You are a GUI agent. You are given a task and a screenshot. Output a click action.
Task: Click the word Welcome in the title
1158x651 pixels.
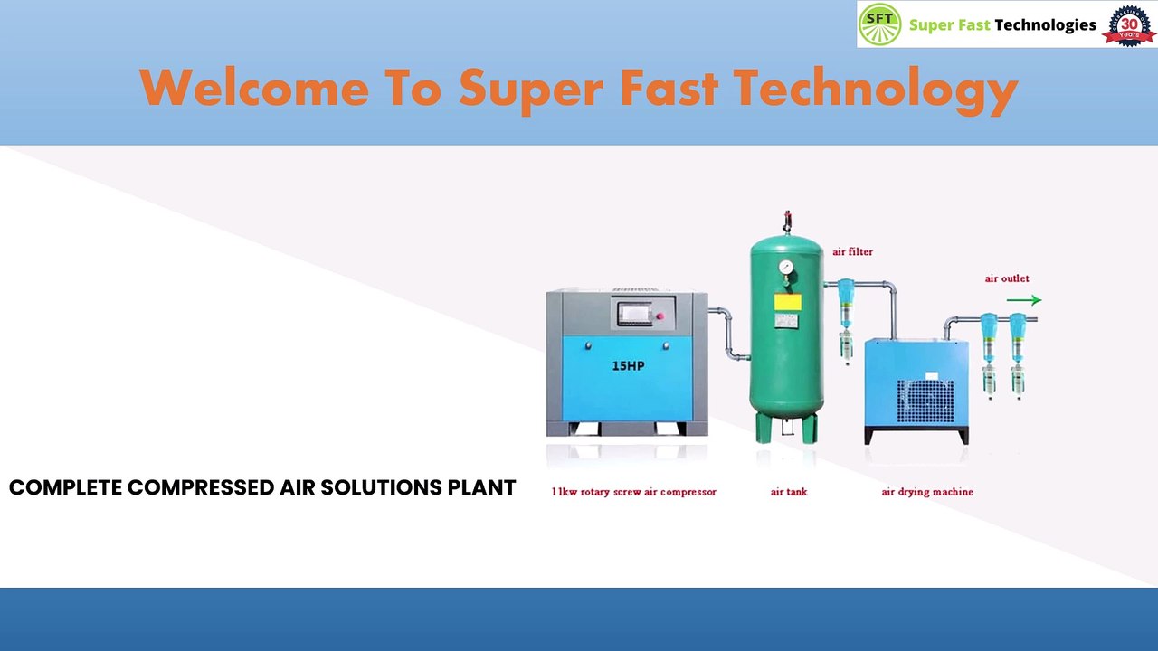[254, 89]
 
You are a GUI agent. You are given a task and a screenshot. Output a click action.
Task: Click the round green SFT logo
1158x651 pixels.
[879, 24]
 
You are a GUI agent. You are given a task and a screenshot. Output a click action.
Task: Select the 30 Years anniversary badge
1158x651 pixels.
[1129, 24]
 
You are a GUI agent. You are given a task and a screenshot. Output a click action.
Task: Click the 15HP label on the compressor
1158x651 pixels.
[628, 366]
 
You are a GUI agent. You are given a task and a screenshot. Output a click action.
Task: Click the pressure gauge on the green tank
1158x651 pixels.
[785, 268]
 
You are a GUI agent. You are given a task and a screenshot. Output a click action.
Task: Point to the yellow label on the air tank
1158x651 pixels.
[787, 302]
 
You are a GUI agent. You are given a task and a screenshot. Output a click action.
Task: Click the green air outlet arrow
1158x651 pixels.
[1023, 300]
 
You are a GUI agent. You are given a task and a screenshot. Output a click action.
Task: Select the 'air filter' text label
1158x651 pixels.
[852, 252]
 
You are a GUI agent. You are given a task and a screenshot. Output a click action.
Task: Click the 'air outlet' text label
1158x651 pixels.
[1006, 278]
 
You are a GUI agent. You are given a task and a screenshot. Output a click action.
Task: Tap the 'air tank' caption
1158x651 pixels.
[788, 492]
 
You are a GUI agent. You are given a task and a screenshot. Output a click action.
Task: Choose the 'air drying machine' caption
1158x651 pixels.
[926, 492]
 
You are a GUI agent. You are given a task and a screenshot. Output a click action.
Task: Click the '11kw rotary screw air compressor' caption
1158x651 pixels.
[633, 492]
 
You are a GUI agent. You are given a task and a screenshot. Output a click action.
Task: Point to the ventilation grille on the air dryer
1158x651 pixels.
[925, 401]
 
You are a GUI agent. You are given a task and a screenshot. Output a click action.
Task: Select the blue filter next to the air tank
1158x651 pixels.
[846, 302]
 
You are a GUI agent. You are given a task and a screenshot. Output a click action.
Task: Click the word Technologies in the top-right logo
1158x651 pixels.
[1045, 25]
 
